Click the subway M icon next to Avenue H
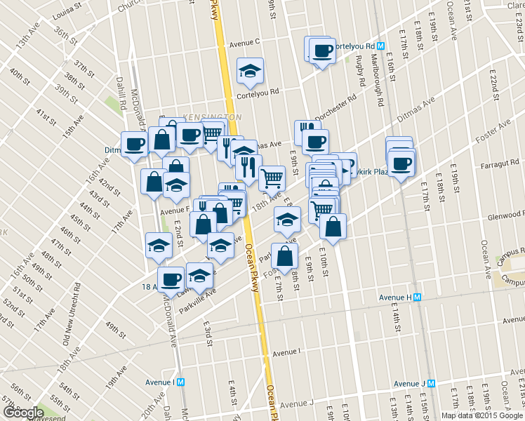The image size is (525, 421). tap(417, 297)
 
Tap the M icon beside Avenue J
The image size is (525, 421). tap(431, 383)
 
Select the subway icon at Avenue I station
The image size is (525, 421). tap(180, 382)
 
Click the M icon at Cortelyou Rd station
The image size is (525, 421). tap(380, 46)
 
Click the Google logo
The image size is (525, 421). tap(23, 413)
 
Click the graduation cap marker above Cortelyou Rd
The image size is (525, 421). tap(250, 71)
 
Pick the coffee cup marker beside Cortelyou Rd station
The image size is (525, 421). tap(323, 51)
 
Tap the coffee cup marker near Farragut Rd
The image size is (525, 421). tap(401, 163)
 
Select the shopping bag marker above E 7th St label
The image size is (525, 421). tap(284, 256)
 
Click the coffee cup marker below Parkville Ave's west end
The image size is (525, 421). tap(171, 280)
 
